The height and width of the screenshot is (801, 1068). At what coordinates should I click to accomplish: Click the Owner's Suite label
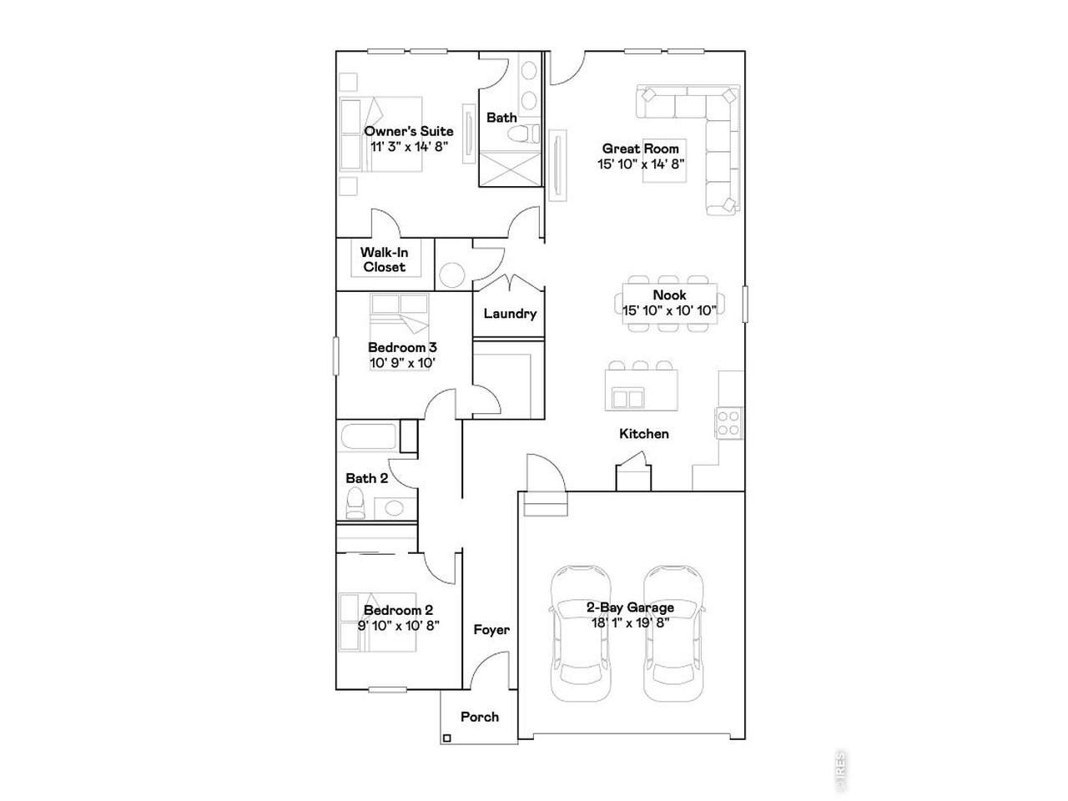(x=409, y=131)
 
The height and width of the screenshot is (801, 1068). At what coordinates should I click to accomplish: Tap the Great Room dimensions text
(x=641, y=164)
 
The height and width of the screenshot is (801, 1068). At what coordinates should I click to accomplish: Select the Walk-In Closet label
(x=385, y=259)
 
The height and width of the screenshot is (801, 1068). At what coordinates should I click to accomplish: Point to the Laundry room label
(x=510, y=314)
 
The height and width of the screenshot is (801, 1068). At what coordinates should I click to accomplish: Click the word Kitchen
(x=643, y=434)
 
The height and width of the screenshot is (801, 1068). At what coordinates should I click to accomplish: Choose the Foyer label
(x=491, y=630)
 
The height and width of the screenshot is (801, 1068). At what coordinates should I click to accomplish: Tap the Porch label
(x=480, y=717)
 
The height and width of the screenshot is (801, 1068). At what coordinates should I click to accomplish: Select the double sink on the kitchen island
(x=627, y=399)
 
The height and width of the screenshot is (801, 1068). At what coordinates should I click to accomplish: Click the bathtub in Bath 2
(x=368, y=437)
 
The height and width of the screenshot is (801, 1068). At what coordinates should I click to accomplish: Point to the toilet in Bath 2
(x=355, y=503)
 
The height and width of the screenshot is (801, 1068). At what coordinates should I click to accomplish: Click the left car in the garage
(x=581, y=633)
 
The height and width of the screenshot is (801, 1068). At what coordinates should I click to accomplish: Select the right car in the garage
(x=673, y=633)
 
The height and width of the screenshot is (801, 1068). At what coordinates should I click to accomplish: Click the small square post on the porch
(x=447, y=738)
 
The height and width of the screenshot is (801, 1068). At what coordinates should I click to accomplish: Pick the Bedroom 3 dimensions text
(x=402, y=363)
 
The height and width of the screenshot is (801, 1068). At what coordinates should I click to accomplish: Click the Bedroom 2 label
(x=399, y=610)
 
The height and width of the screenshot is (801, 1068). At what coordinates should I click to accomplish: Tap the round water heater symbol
(x=452, y=275)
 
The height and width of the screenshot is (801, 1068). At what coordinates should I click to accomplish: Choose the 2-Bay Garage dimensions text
(x=630, y=623)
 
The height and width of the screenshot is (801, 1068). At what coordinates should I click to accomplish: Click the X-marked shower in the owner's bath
(x=510, y=169)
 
